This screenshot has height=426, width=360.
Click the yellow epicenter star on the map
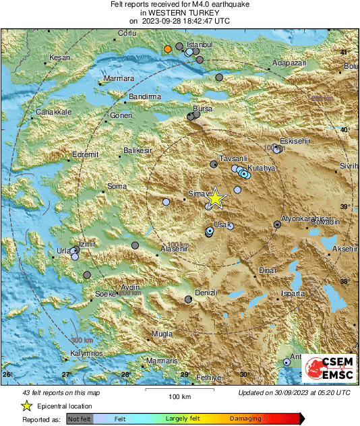click(x=215, y=198)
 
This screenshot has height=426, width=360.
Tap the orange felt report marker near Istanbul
click(x=168, y=49)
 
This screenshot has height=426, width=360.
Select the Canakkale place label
click(x=53, y=112)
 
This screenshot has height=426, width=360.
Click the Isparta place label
click(x=293, y=294)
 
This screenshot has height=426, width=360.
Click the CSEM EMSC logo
click(x=329, y=370)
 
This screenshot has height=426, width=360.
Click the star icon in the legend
click(x=26, y=406)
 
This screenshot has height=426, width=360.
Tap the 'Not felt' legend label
click(x=81, y=419)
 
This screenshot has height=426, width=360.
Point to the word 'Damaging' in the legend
click(x=245, y=419)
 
